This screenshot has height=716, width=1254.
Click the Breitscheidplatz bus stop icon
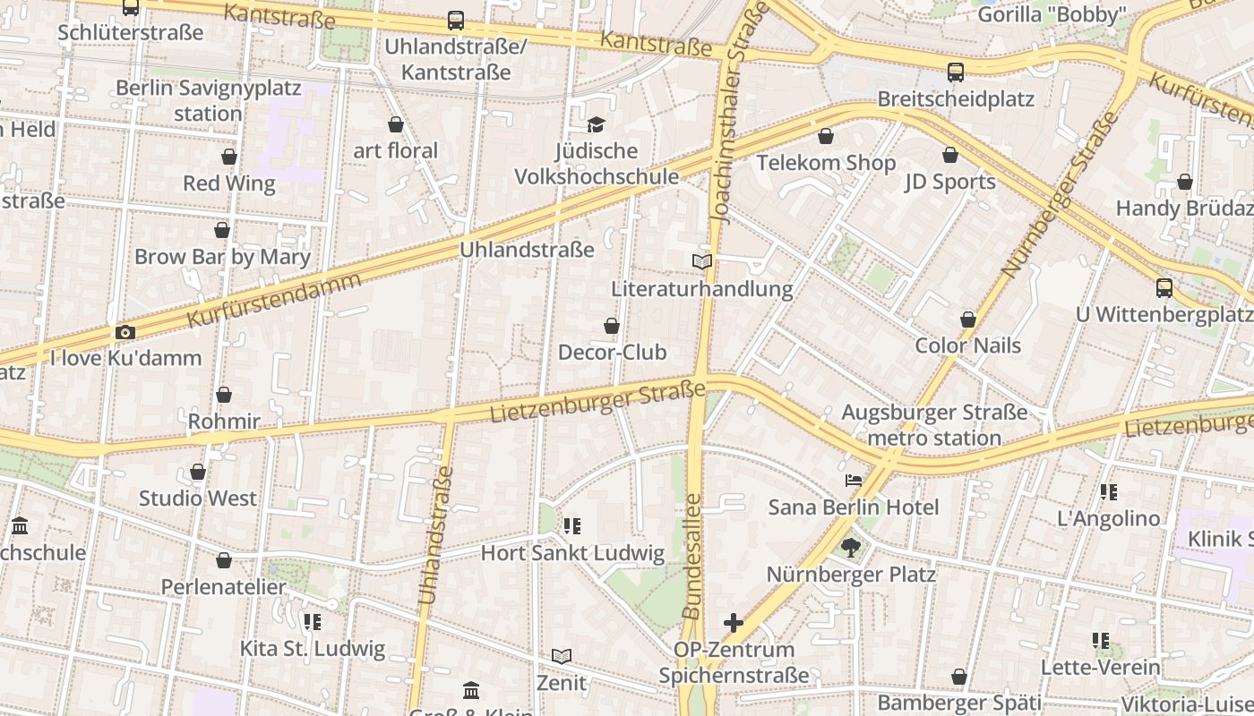coord(956,72)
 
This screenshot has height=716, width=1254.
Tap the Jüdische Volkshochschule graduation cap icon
coord(596,124)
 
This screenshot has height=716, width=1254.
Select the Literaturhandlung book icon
coord(702,261)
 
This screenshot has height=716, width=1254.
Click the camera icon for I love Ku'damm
coord(125,332)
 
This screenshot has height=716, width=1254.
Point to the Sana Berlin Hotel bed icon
coord(854,481)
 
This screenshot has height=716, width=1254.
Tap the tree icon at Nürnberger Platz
coord(850,547)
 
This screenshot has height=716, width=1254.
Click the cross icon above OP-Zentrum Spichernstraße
coord(734,623)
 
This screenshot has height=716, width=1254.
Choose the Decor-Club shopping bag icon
coord(612,326)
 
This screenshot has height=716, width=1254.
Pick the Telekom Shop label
coord(826,163)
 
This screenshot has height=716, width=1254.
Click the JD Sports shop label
coord(949,182)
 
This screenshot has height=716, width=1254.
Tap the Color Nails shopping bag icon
coord(967,319)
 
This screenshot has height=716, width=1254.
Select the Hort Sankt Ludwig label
coord(572,553)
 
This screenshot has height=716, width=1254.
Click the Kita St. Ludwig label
coord(313,649)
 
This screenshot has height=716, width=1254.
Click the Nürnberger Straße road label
coord(1060,194)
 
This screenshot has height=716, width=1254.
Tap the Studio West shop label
coord(197,499)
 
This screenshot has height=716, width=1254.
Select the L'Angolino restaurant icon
coord(1108,492)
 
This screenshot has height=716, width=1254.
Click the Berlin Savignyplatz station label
coord(209,101)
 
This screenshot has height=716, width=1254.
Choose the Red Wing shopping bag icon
coord(229,157)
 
